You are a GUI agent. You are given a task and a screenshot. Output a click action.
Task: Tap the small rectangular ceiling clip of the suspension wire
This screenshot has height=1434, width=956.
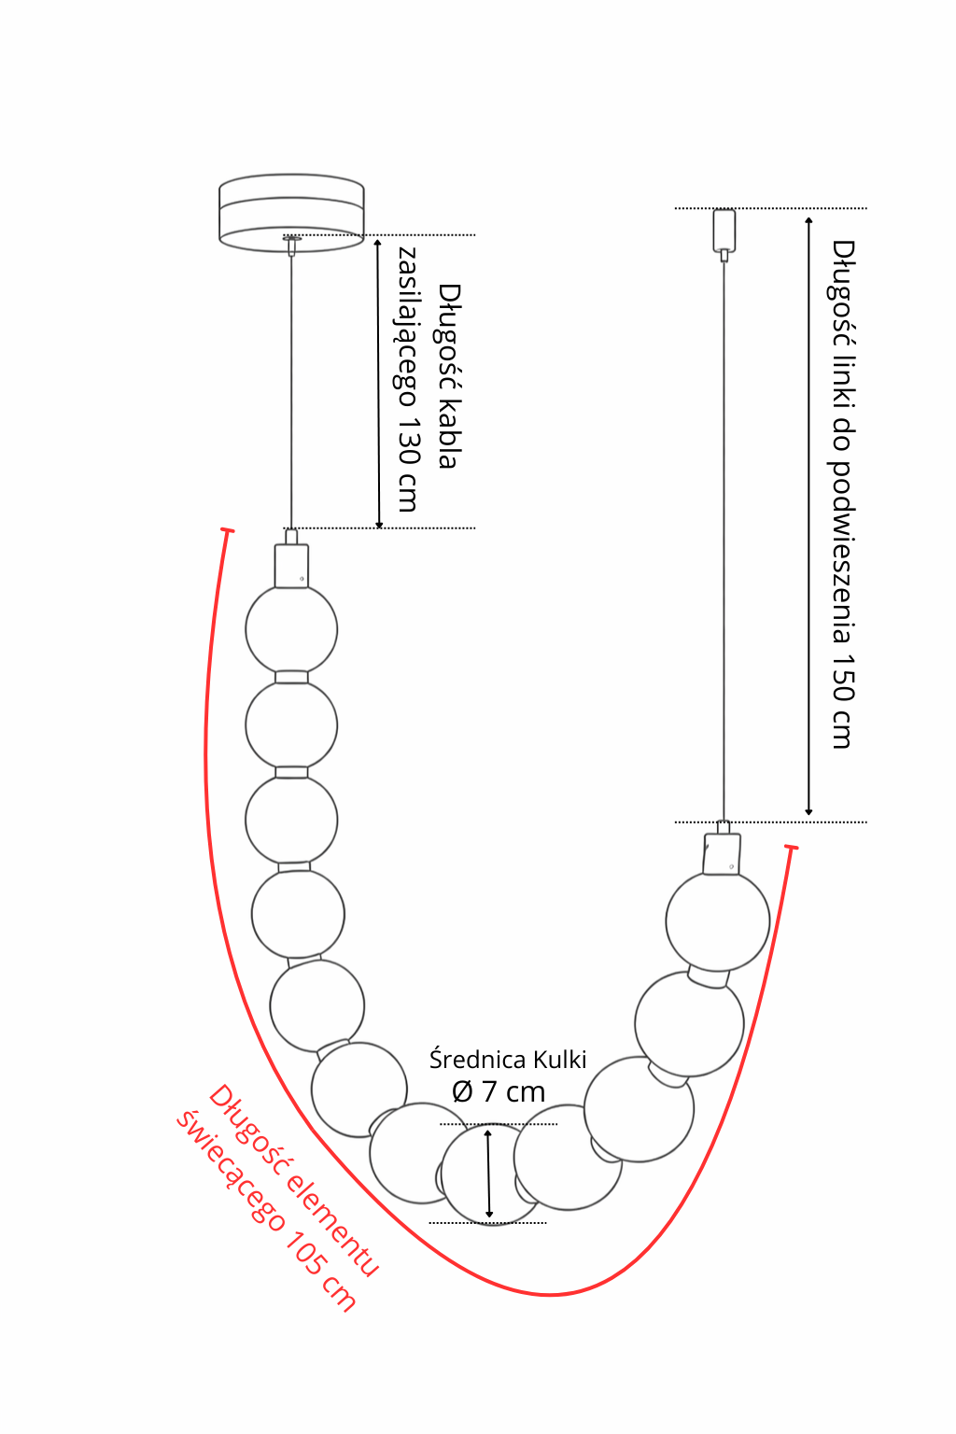[724, 230]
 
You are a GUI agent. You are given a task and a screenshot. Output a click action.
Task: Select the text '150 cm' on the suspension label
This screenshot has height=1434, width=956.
[843, 701]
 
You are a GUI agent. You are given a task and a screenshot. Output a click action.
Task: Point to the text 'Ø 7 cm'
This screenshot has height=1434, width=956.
[499, 1091]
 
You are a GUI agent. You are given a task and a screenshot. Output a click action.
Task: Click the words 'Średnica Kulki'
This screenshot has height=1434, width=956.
[508, 1060]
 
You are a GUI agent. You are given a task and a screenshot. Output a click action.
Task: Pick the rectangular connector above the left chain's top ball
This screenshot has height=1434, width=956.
[291, 566]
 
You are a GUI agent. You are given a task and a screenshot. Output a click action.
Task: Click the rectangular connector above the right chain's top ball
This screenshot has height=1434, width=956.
[722, 853]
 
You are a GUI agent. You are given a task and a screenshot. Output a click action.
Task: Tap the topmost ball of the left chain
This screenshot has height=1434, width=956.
[291, 629]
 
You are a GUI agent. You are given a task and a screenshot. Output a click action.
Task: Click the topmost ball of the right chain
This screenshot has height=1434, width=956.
[717, 921]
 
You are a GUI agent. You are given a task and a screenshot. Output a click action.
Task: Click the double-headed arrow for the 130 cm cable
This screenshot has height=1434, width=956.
[378, 383]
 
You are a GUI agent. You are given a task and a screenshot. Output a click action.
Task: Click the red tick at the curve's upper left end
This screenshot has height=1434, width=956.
[227, 530]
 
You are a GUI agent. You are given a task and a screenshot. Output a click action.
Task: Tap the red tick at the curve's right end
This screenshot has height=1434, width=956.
[792, 847]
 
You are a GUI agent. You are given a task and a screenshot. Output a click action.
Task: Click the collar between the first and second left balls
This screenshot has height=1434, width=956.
[291, 677]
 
